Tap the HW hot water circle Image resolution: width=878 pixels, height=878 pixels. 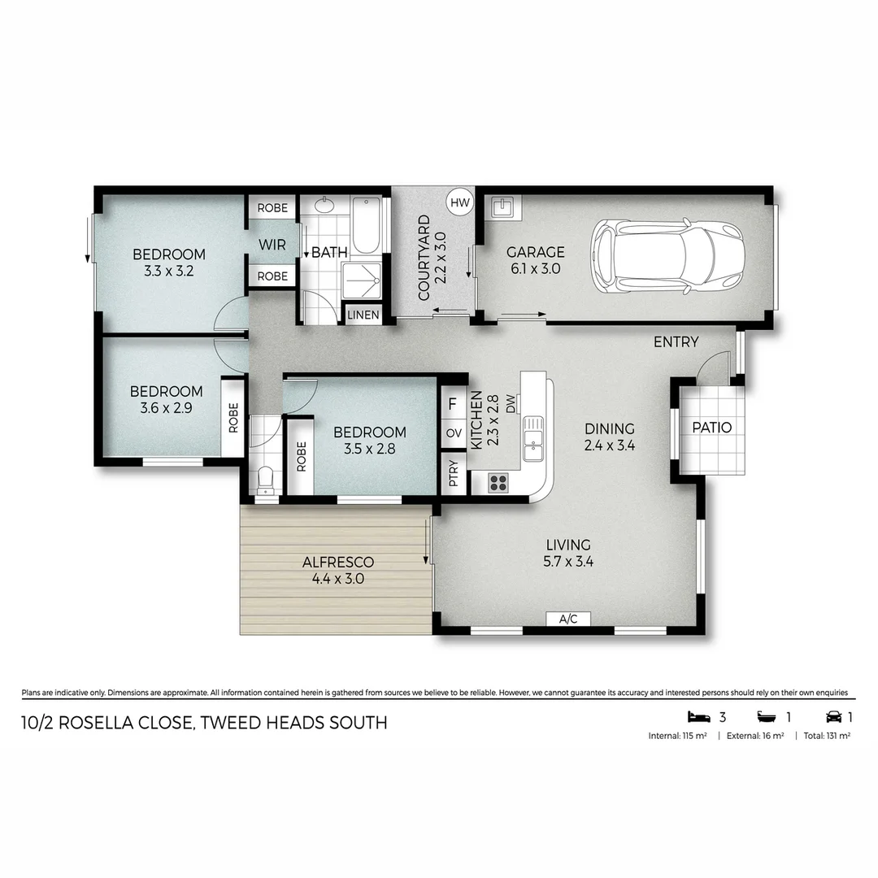(x=459, y=202)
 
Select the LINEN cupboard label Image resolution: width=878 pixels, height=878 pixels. (x=363, y=315)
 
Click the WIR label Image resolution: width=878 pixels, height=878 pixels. (x=272, y=245)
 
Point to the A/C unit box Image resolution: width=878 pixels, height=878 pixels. (x=568, y=619)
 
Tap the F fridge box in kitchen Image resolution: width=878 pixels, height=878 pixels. (x=453, y=402)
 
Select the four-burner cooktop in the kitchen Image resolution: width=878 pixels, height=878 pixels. (x=498, y=482)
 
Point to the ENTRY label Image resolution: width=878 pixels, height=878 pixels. (x=676, y=342)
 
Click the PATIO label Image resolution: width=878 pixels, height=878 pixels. (x=711, y=428)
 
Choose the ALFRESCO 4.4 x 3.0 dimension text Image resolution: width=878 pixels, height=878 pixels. (x=337, y=580)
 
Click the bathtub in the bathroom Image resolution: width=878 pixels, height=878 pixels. (x=366, y=225)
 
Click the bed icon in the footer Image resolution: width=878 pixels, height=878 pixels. (x=698, y=717)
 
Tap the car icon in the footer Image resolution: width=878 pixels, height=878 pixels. (x=833, y=717)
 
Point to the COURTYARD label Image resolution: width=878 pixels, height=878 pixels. (x=423, y=258)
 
